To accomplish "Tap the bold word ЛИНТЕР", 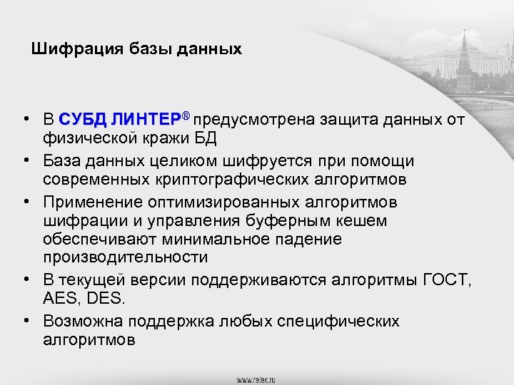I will [x=150, y=118].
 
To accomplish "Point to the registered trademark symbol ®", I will [x=186, y=115].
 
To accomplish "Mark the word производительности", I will [x=125, y=256].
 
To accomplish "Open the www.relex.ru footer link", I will [x=256, y=378].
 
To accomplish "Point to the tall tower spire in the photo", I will [x=464, y=46].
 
